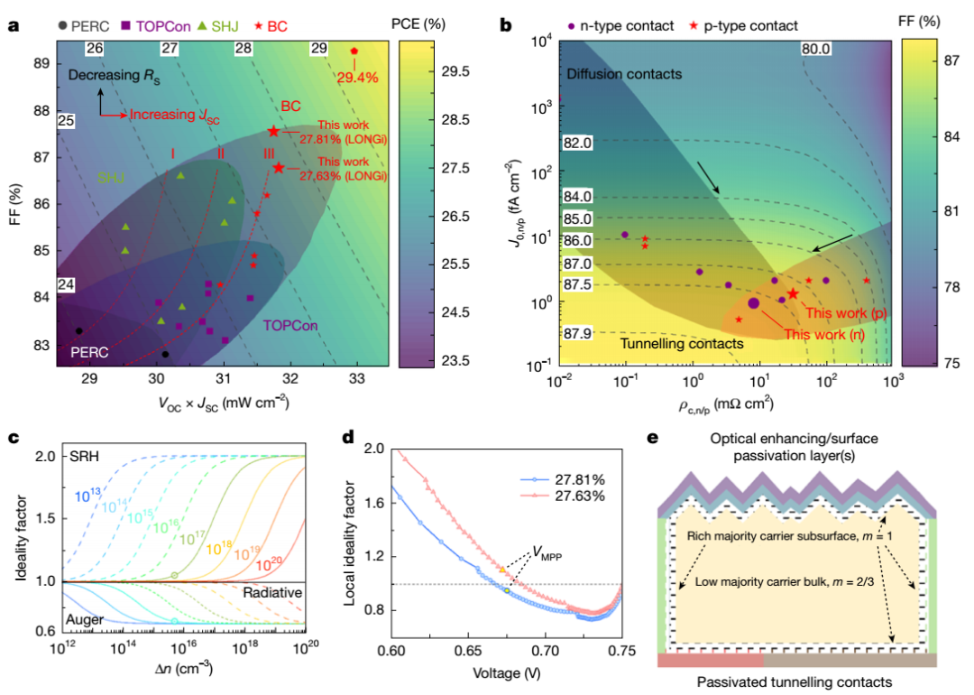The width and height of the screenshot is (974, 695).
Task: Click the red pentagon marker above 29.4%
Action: coord(354,51)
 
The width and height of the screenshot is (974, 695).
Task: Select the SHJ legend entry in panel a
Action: coord(218,26)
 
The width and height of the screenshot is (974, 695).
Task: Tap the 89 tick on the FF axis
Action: coord(41,63)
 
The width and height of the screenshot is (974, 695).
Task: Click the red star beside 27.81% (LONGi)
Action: coord(273,131)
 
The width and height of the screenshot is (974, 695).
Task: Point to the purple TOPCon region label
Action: coord(290,326)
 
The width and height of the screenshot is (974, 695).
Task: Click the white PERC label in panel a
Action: coord(89,353)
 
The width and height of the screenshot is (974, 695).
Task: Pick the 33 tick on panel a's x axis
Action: coord(356,378)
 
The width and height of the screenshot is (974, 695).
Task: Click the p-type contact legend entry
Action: coord(743,26)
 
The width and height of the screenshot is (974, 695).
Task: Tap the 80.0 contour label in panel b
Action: coord(815,49)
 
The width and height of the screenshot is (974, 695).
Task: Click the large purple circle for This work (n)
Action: coord(753,303)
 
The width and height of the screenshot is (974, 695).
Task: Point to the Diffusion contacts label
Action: coord(624,74)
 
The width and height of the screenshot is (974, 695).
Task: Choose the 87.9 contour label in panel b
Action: coord(578,333)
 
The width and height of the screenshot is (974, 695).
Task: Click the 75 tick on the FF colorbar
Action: coord(951,363)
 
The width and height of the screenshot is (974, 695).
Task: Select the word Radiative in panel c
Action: coord(272,592)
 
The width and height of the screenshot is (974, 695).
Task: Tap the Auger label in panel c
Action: coord(85,619)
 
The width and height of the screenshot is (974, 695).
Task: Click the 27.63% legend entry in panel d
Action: coord(563,496)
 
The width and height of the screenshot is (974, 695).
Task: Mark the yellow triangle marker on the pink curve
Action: coord(502,570)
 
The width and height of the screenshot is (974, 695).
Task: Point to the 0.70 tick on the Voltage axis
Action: coord(546,651)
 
